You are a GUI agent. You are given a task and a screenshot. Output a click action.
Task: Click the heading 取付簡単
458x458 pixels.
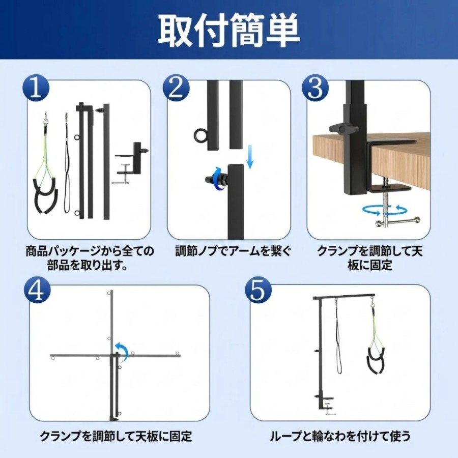228,31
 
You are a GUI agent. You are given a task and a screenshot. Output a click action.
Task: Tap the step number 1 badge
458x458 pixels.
36,88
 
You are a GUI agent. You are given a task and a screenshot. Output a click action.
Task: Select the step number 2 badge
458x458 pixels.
177,88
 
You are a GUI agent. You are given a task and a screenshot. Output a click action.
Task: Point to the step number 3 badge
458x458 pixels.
316,88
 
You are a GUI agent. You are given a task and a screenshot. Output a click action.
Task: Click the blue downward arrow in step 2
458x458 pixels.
249,157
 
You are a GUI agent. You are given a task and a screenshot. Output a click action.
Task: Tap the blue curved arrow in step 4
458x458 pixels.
123,351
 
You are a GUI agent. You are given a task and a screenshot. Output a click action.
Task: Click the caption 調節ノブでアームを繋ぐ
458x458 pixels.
233,251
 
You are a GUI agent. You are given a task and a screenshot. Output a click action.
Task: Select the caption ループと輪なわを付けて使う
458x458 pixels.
340,436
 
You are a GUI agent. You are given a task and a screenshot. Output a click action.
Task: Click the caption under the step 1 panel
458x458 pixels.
90,258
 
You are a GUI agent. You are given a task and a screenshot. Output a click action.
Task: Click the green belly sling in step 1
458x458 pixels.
45,163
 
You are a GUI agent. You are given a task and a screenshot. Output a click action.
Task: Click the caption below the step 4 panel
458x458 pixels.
116,436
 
